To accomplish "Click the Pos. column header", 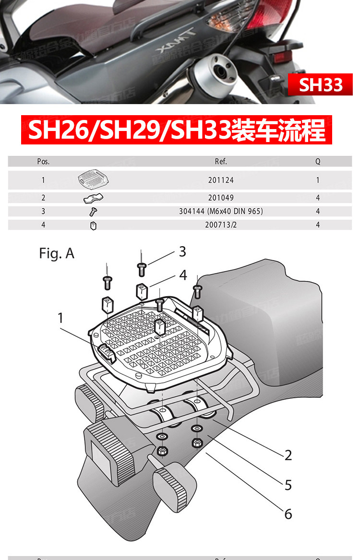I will pos(43,162).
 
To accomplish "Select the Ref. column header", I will pos(221,162).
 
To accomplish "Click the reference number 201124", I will pos(221,181).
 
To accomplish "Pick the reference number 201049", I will pos(221,198).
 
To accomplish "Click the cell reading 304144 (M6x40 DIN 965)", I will pos(236,211).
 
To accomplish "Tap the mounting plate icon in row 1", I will pos(94,180).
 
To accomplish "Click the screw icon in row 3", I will pos(93,211).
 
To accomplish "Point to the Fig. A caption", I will pos(57,253).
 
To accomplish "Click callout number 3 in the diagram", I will pos(182,251).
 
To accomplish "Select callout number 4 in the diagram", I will pos(183,275).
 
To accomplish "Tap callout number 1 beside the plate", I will pos(60,318).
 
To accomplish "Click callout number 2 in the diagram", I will pos(288,455).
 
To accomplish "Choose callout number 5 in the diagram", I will pos(288,485).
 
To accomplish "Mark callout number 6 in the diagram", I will pos(288,514).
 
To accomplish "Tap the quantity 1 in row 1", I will pos(318,181).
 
